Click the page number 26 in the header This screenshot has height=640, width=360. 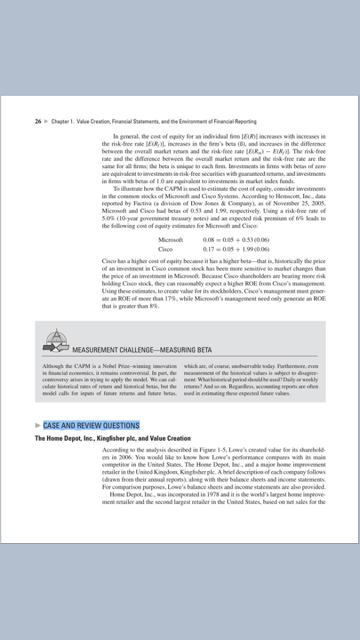(38, 121)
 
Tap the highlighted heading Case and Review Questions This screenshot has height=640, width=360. (91, 426)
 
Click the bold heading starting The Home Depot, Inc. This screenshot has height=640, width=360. (112, 438)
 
